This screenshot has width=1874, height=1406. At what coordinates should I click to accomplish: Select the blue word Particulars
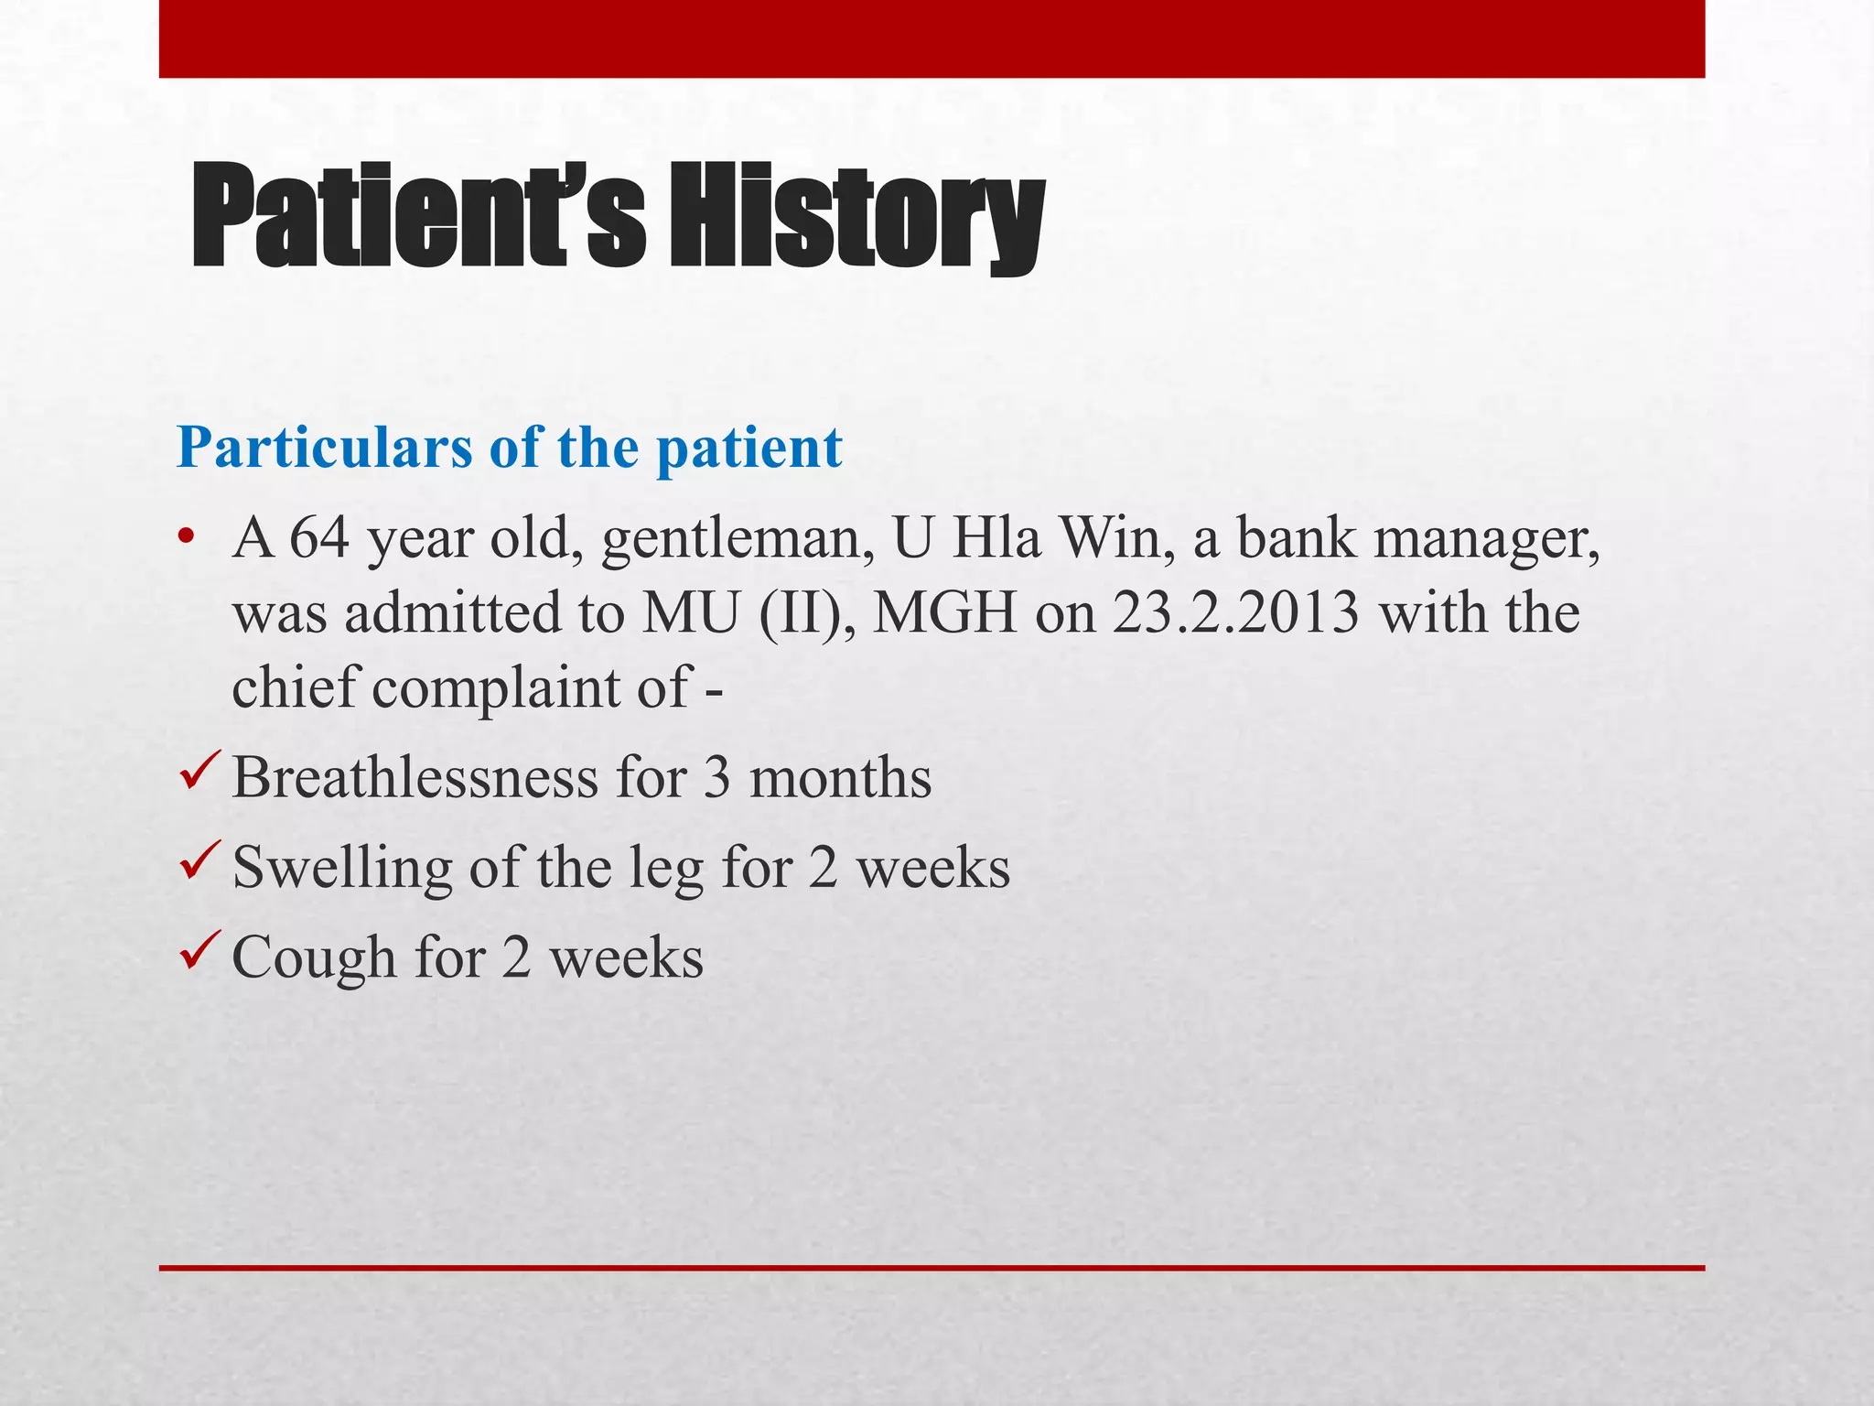(x=324, y=449)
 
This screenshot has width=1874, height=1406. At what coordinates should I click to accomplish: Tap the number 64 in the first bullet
(x=319, y=537)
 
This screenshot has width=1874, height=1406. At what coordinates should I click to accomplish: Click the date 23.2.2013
(x=1235, y=612)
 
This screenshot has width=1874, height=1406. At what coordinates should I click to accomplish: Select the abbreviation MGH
(x=944, y=612)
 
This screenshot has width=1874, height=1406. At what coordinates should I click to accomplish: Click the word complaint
(x=495, y=687)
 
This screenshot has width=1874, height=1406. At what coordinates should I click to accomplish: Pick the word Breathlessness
(x=415, y=777)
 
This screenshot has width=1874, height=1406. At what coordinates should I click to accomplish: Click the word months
(x=840, y=777)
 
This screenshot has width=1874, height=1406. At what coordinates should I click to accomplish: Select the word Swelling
(x=342, y=869)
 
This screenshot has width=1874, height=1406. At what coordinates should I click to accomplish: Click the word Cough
(x=315, y=958)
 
